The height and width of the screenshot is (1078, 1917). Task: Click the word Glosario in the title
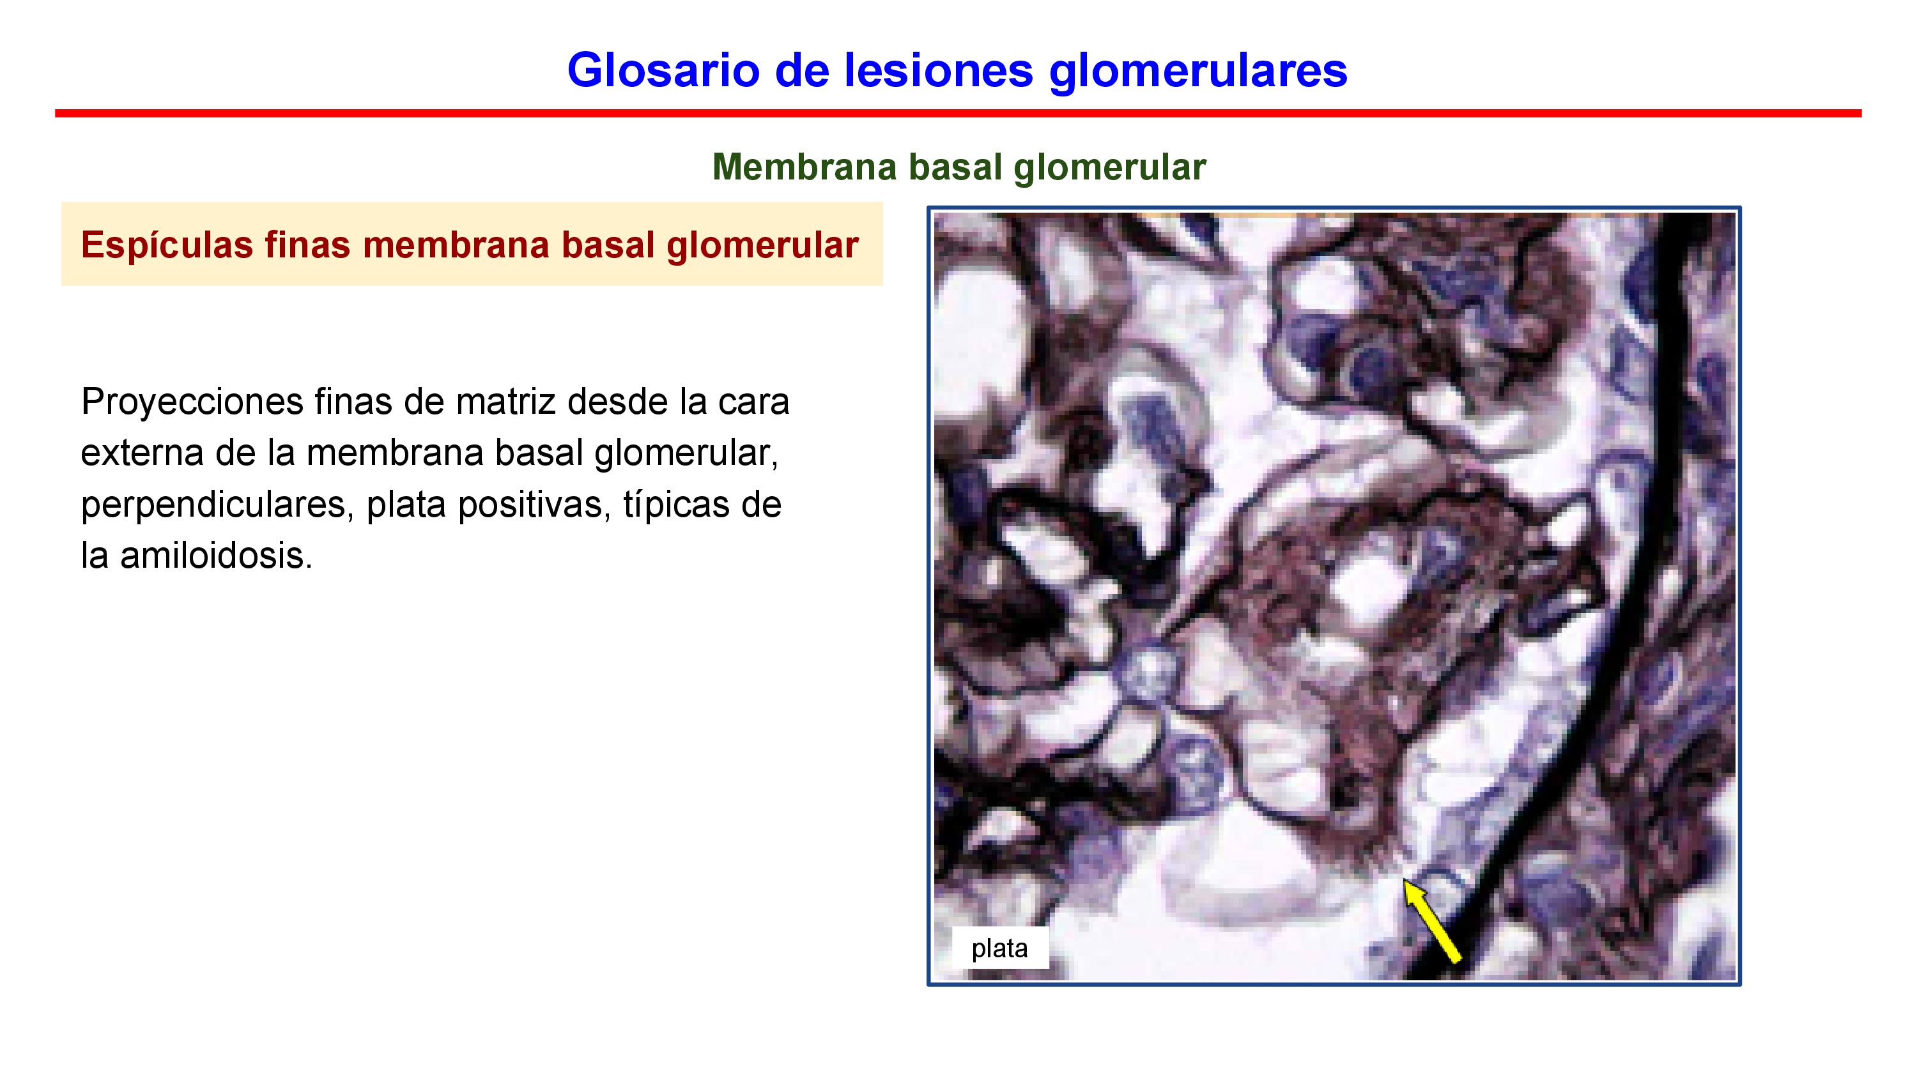[x=664, y=70]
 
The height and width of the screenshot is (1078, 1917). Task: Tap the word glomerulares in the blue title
[x=1198, y=72]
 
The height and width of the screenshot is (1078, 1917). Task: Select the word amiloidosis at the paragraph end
[x=217, y=556]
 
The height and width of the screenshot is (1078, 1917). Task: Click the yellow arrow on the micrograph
[x=1433, y=921]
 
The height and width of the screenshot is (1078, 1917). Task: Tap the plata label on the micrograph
[x=999, y=949]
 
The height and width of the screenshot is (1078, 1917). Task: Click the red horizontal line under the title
[x=958, y=113]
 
